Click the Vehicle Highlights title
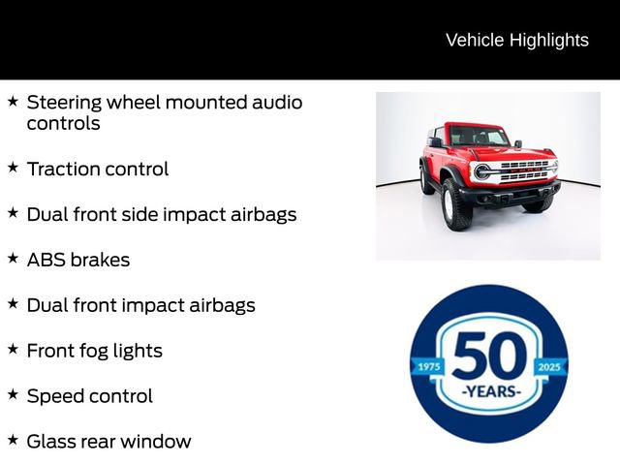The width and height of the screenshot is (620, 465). [x=516, y=40]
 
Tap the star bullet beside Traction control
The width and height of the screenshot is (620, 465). [x=13, y=168]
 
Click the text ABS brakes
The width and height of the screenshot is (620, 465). [x=77, y=260]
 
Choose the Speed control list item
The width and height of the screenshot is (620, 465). [x=89, y=396]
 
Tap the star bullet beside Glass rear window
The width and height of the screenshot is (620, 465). [x=13, y=440]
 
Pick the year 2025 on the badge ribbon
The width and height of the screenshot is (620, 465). [x=550, y=367]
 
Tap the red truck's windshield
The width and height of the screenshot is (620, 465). [x=477, y=137]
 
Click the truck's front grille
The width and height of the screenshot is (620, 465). [x=522, y=170]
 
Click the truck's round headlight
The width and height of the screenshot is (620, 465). [x=482, y=171]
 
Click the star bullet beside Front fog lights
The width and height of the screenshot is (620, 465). [x=13, y=349]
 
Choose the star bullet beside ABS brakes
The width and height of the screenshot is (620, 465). [x=13, y=258]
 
